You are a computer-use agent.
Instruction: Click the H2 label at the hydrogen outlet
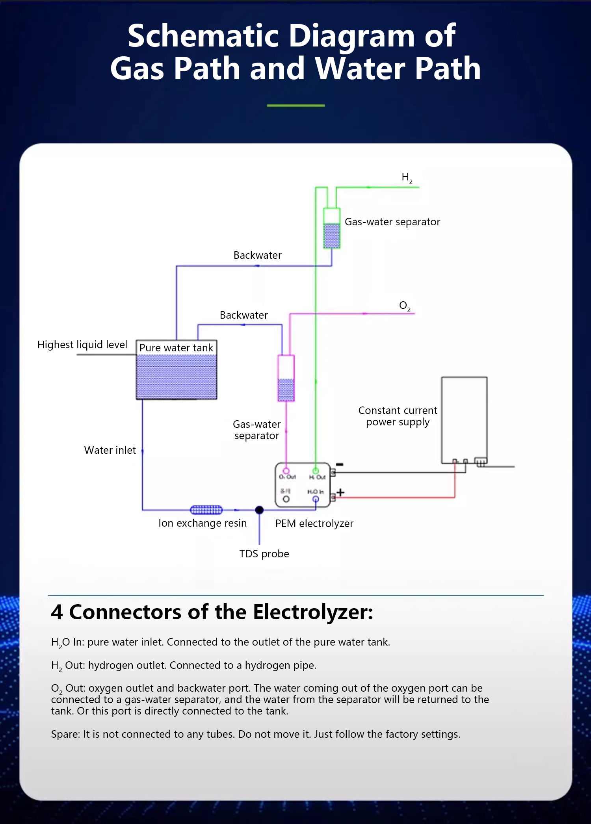407,178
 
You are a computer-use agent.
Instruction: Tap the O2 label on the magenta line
405,306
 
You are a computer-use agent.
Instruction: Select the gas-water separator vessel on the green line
331,228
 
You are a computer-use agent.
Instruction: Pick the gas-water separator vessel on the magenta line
286,378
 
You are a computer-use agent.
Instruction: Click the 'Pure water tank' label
176,348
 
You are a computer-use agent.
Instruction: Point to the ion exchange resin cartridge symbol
206,510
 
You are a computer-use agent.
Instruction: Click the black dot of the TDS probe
259,510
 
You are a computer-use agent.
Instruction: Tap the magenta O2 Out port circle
286,471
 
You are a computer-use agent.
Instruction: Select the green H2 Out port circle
316,471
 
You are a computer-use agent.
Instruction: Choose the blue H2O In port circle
316,499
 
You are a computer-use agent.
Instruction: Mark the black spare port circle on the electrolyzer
286,499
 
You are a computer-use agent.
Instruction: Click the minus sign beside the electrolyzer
340,464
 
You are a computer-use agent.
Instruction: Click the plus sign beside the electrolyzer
340,492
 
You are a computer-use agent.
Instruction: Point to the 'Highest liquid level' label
82,345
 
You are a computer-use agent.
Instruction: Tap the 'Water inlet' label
110,450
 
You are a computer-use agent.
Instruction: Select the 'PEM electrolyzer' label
314,523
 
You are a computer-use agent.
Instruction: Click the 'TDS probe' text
264,554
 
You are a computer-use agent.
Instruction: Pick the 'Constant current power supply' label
398,416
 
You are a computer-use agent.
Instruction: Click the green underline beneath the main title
295,106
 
